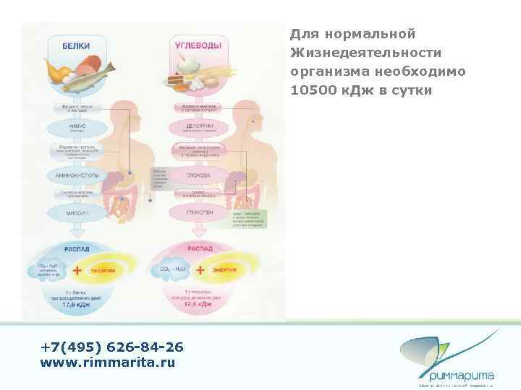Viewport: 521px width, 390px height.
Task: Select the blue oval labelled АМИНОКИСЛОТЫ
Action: pos(77,175)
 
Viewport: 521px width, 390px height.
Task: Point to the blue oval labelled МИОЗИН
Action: pos(77,213)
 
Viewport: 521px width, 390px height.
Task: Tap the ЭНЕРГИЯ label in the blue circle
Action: pos(103,271)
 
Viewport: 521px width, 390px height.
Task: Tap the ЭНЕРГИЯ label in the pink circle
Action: pos(222,269)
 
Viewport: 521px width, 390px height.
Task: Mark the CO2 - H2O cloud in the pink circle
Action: pos(167,270)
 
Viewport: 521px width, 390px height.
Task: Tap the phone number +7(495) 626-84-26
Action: pos(112,347)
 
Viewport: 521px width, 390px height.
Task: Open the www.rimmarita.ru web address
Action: pos(108,363)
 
